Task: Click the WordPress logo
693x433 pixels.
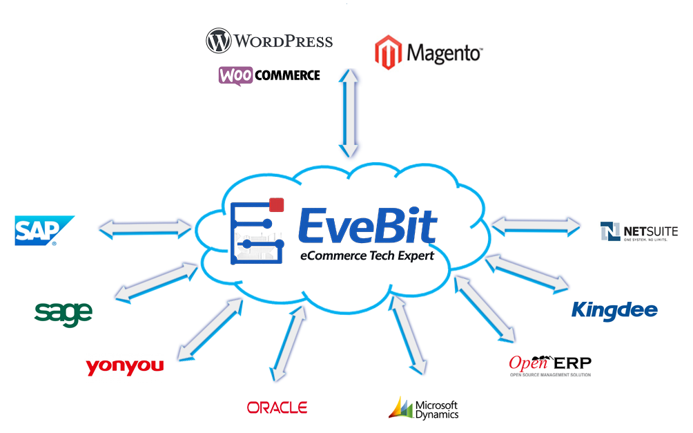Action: (269, 41)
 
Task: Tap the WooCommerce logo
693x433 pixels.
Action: (269, 75)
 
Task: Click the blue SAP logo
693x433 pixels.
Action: (44, 231)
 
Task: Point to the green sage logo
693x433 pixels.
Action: (63, 313)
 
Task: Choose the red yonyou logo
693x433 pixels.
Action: (125, 366)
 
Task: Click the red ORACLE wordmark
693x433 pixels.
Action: (277, 407)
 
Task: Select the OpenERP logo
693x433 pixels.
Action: (549, 364)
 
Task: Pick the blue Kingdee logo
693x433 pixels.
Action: (614, 311)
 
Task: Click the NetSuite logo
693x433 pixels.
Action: (638, 232)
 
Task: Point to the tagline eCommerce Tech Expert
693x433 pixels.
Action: (367, 256)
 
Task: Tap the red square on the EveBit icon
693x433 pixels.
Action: (277, 204)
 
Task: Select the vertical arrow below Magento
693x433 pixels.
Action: (350, 114)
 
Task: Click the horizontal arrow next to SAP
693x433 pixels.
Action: (144, 228)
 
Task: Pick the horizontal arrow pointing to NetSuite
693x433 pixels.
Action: (535, 225)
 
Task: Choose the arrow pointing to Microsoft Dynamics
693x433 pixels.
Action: (408, 336)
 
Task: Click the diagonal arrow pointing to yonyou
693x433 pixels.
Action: (211, 329)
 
